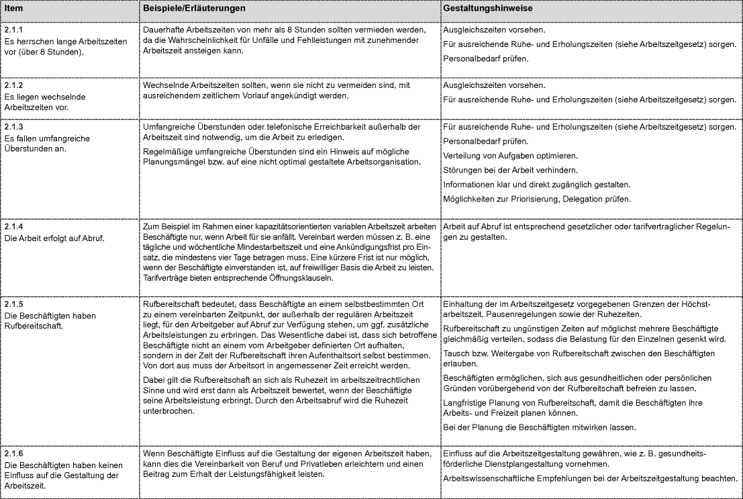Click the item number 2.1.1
[x=13, y=31]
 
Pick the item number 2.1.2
[x=13, y=86]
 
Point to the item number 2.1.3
[x=13, y=128]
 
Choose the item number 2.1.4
[x=13, y=227]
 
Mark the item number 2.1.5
[x=13, y=305]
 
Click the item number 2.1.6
[x=13, y=454]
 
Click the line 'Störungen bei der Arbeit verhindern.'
[x=510, y=170]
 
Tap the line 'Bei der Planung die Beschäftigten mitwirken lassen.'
[x=540, y=427]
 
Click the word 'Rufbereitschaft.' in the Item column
[x=32, y=326]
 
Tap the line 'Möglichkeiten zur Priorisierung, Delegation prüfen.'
[x=537, y=199]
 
